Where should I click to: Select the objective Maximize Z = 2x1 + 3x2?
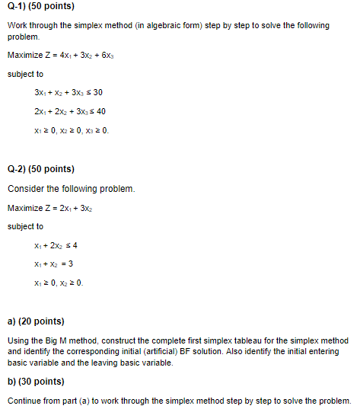53,208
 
